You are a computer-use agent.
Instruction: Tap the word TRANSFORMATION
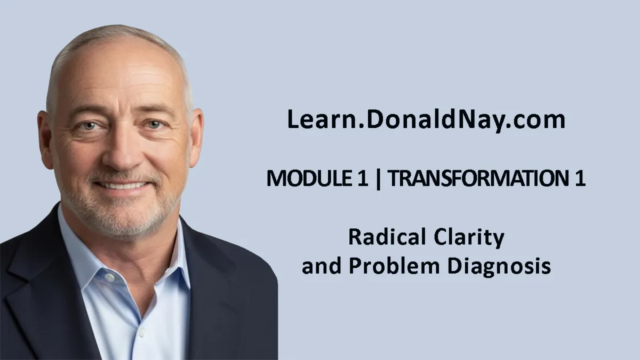click(x=477, y=178)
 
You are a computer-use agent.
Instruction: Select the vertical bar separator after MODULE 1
click(x=378, y=179)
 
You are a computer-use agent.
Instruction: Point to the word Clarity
click(x=469, y=238)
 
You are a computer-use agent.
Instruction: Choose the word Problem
click(x=394, y=266)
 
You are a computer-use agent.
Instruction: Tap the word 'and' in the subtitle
click(x=322, y=266)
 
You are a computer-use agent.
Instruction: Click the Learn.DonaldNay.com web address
click(x=426, y=120)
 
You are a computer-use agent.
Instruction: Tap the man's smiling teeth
click(x=122, y=186)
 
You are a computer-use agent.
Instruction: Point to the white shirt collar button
click(x=109, y=277)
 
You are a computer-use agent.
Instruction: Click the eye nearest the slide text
click(x=154, y=125)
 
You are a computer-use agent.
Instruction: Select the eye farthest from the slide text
click(x=89, y=126)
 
